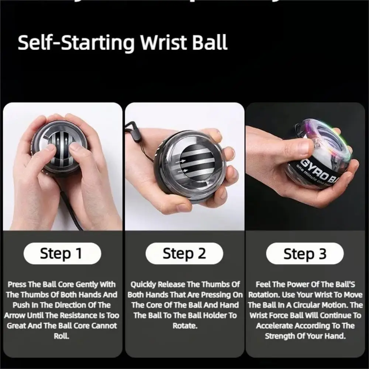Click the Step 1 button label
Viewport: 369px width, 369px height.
pyautogui.click(x=61, y=254)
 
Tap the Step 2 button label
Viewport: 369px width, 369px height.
pyautogui.click(x=184, y=254)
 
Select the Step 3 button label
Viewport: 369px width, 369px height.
pyautogui.click(x=305, y=254)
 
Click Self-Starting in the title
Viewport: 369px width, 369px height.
pyautogui.click(x=76, y=43)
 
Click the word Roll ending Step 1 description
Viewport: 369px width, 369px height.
pyautogui.click(x=61, y=336)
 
